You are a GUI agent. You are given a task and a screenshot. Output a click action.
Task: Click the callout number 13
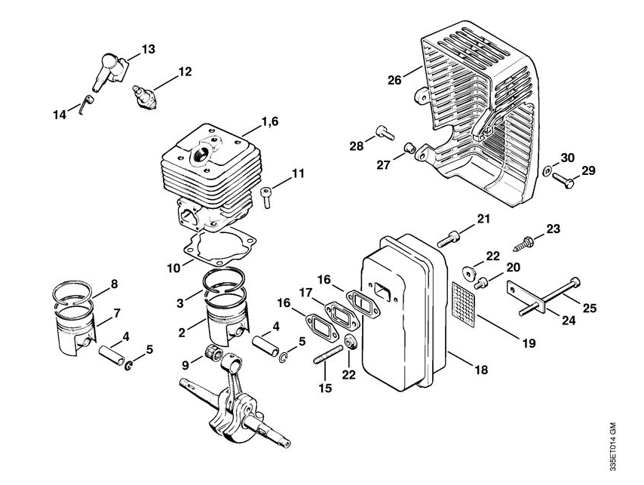pos(149,49)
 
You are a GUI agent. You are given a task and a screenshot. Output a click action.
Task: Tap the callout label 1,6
pos(269,121)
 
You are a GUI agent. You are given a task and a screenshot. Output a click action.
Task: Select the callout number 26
pos(394,80)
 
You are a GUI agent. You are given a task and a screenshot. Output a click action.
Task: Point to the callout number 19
pos(529,343)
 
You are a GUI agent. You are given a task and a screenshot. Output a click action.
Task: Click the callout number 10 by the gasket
pos(173,269)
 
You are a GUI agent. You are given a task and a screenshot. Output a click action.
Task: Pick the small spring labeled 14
pos(86,105)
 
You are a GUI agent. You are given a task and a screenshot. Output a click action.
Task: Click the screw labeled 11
pos(266,196)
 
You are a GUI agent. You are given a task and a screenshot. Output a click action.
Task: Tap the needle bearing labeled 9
pos(213,352)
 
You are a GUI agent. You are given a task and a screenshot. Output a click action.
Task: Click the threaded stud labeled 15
pos(328,355)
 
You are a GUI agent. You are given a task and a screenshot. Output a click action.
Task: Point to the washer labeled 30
pos(547,170)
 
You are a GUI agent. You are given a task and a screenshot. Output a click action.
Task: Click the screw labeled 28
pos(385,132)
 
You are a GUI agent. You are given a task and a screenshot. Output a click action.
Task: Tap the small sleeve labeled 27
pos(409,147)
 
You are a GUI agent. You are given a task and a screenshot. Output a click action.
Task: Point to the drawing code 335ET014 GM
pos(612,446)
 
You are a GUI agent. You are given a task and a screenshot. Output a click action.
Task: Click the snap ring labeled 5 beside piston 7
pos(129,365)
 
